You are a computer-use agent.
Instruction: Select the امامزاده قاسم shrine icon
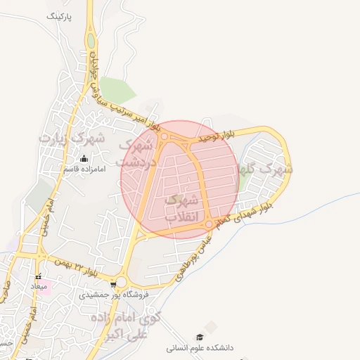pyautogui.click(x=85, y=158)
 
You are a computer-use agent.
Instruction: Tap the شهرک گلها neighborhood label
pyautogui.click(x=266, y=169)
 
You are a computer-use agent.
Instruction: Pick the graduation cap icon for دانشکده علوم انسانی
pyautogui.click(x=200, y=337)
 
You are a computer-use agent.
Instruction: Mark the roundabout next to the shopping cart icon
pyautogui.click(x=121, y=282)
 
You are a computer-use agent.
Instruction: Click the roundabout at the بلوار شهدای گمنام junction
pyautogui.click(x=209, y=224)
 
